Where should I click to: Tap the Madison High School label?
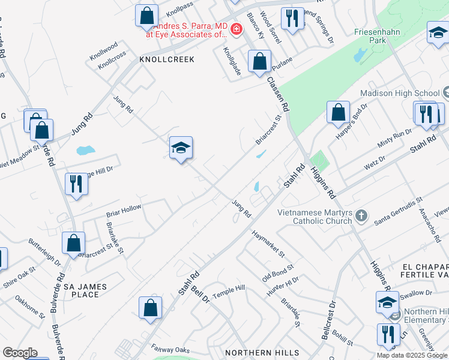pos(400,93)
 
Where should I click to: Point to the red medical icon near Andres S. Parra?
pos(237,29)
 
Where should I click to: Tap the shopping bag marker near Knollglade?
pos(259,61)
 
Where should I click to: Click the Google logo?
pos(20,353)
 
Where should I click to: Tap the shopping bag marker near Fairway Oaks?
pos(150,308)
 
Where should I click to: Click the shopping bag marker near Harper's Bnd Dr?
pos(339,112)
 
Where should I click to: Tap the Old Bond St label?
pos(277,274)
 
